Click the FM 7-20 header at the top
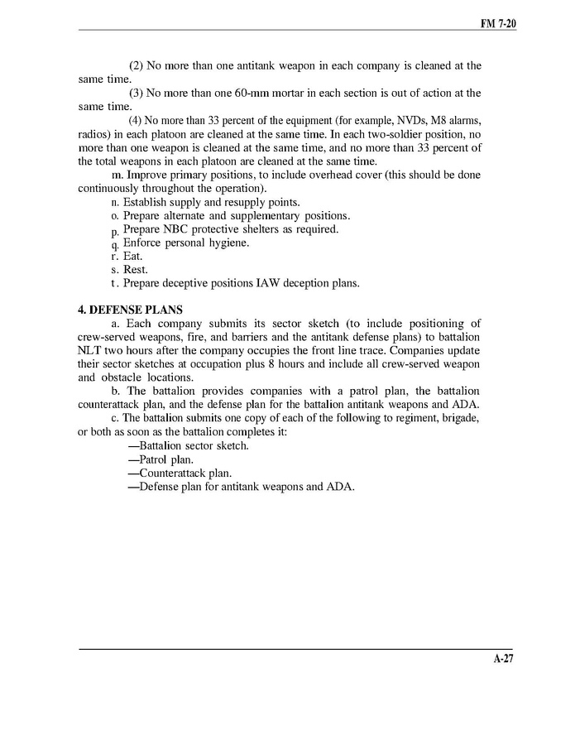click(498, 24)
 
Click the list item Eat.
click(132, 256)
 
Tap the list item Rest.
click(134, 269)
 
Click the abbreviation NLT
click(92, 350)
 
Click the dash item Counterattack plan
click(173, 473)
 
